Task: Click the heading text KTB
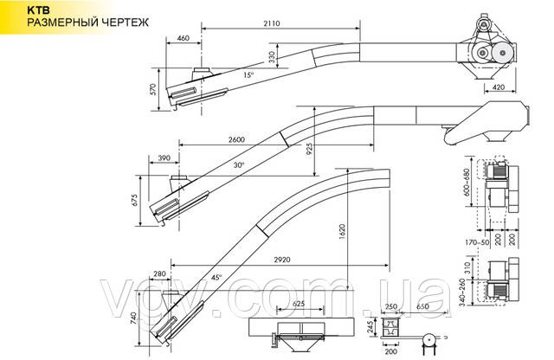[35, 10]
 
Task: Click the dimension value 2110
[271, 23]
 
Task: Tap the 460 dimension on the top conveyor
[183, 38]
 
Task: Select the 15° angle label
[248, 75]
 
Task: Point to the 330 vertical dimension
[272, 57]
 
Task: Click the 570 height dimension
[152, 89]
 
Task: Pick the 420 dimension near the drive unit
[499, 87]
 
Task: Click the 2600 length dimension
[236, 139]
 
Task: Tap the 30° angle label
[239, 165]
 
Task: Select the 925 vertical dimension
[310, 151]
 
